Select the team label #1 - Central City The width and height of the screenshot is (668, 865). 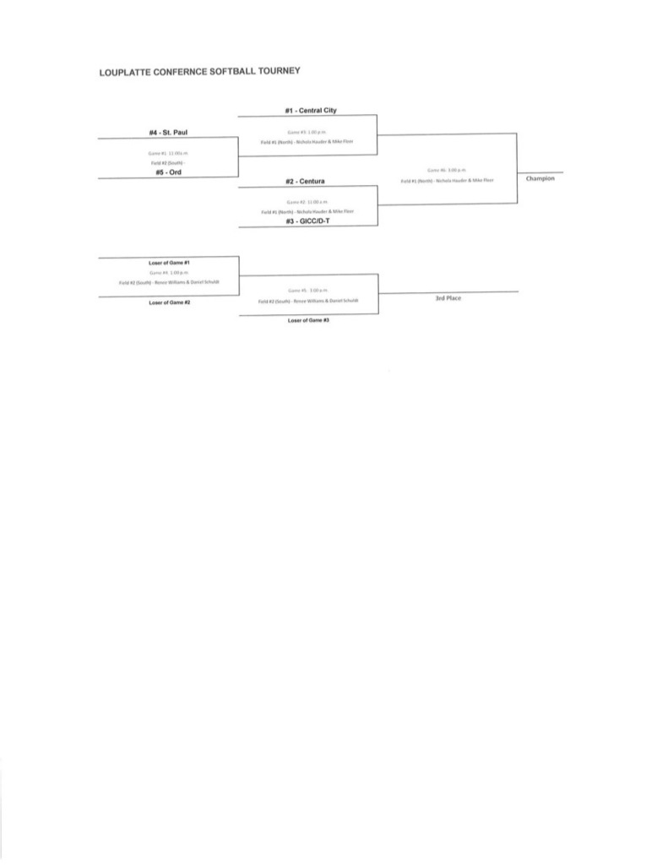tap(308, 110)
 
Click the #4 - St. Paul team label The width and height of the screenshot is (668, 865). tap(167, 132)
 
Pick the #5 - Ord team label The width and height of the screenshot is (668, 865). tap(167, 172)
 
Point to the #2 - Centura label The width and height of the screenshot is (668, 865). tap(307, 181)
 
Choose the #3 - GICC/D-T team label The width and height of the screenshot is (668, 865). tap(307, 220)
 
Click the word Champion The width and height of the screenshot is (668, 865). tap(540, 178)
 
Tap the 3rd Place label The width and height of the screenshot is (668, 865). tap(448, 298)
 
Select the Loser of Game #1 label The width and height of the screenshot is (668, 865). tap(169, 263)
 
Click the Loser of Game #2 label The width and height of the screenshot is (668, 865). tap(169, 302)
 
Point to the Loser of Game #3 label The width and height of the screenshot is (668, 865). tap(307, 321)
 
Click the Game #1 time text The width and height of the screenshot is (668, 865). tap(167, 153)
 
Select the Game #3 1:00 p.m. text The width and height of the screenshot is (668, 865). tap(307, 132)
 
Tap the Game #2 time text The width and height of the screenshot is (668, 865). tap(307, 202)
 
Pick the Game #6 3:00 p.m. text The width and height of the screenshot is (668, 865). tap(447, 171)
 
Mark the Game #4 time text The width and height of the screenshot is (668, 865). tap(169, 273)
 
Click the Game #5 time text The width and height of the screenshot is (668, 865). tap(307, 290)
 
